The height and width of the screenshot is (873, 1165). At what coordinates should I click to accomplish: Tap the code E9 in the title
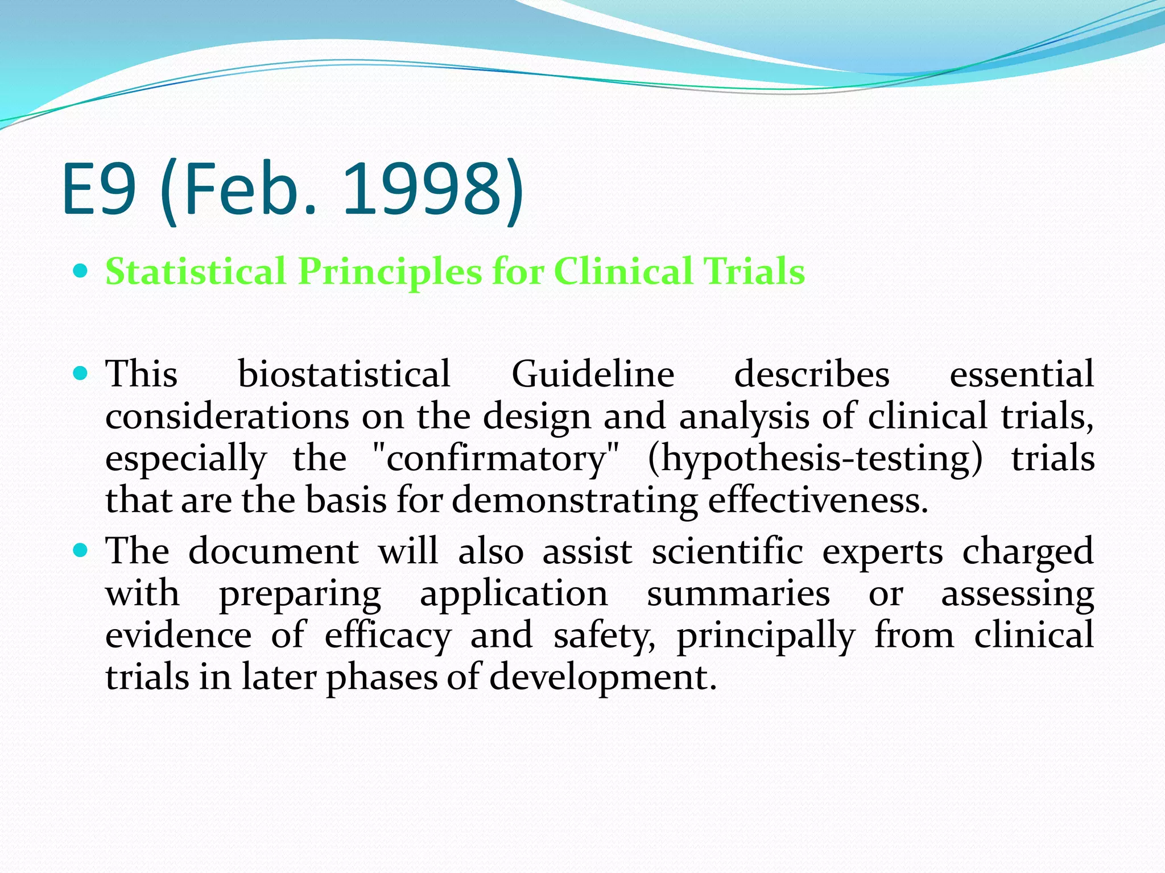[x=100, y=189]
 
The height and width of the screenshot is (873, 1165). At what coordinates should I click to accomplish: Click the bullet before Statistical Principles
[x=81, y=271]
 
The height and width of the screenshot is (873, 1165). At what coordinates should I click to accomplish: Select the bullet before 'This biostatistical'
[x=81, y=373]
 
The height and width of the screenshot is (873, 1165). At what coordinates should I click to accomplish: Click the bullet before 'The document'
[x=81, y=550]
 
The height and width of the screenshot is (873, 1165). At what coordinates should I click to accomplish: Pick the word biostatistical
[x=344, y=375]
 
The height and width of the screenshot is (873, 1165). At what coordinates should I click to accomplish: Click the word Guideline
[x=593, y=375]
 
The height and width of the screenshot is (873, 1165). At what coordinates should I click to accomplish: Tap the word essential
[x=1021, y=375]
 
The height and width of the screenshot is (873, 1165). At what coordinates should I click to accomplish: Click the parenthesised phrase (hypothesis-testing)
[x=815, y=459]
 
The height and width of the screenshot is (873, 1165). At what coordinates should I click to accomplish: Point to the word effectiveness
[x=817, y=501]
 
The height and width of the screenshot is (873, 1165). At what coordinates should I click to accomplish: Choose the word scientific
[x=727, y=551]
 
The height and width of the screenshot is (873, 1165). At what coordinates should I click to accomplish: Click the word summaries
[x=738, y=595]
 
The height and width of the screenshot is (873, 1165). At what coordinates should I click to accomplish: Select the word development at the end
[x=602, y=678]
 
